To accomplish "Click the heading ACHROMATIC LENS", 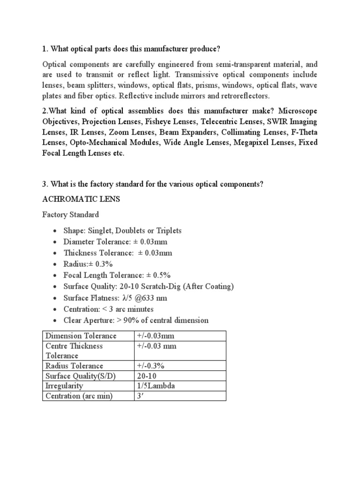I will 81,199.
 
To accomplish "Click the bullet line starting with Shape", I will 122,231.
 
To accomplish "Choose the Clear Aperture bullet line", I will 136,320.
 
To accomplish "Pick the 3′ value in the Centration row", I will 140,396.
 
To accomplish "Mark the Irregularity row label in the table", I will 64,386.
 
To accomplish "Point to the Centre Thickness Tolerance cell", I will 74,351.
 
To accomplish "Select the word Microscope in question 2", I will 299,111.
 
